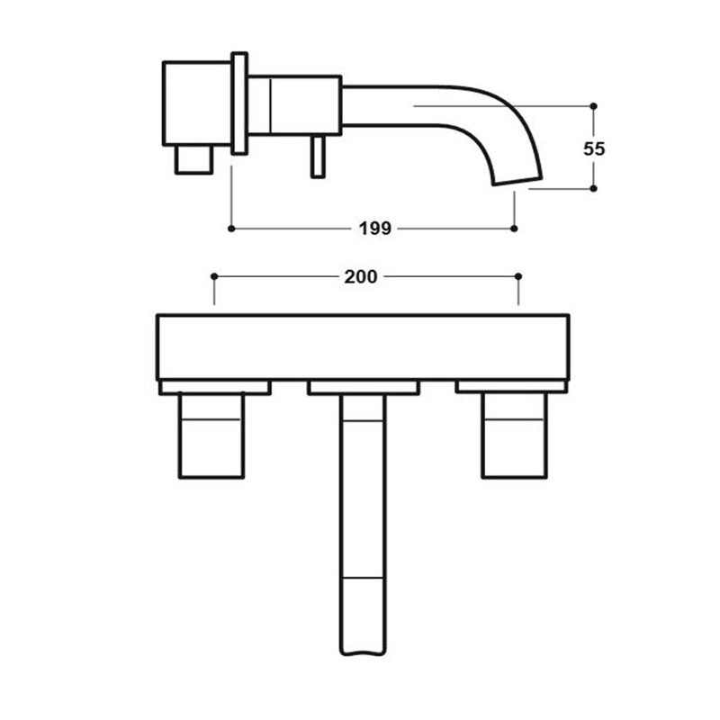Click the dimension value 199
click(374, 229)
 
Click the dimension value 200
click(360, 276)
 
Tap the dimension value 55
click(593, 148)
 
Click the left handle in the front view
click(211, 436)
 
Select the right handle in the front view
click(513, 436)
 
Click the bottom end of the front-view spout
click(364, 648)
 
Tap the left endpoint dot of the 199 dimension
click(231, 229)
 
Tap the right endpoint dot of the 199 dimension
click(514, 229)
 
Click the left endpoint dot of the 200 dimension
click(213, 276)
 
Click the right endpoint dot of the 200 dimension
click(518, 276)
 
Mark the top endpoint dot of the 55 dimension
click(593, 106)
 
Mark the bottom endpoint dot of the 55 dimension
click(593, 189)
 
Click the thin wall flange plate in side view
click(239, 103)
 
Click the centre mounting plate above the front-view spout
click(363, 388)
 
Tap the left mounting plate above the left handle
click(214, 388)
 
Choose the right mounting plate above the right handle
click(510, 388)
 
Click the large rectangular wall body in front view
click(363, 346)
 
